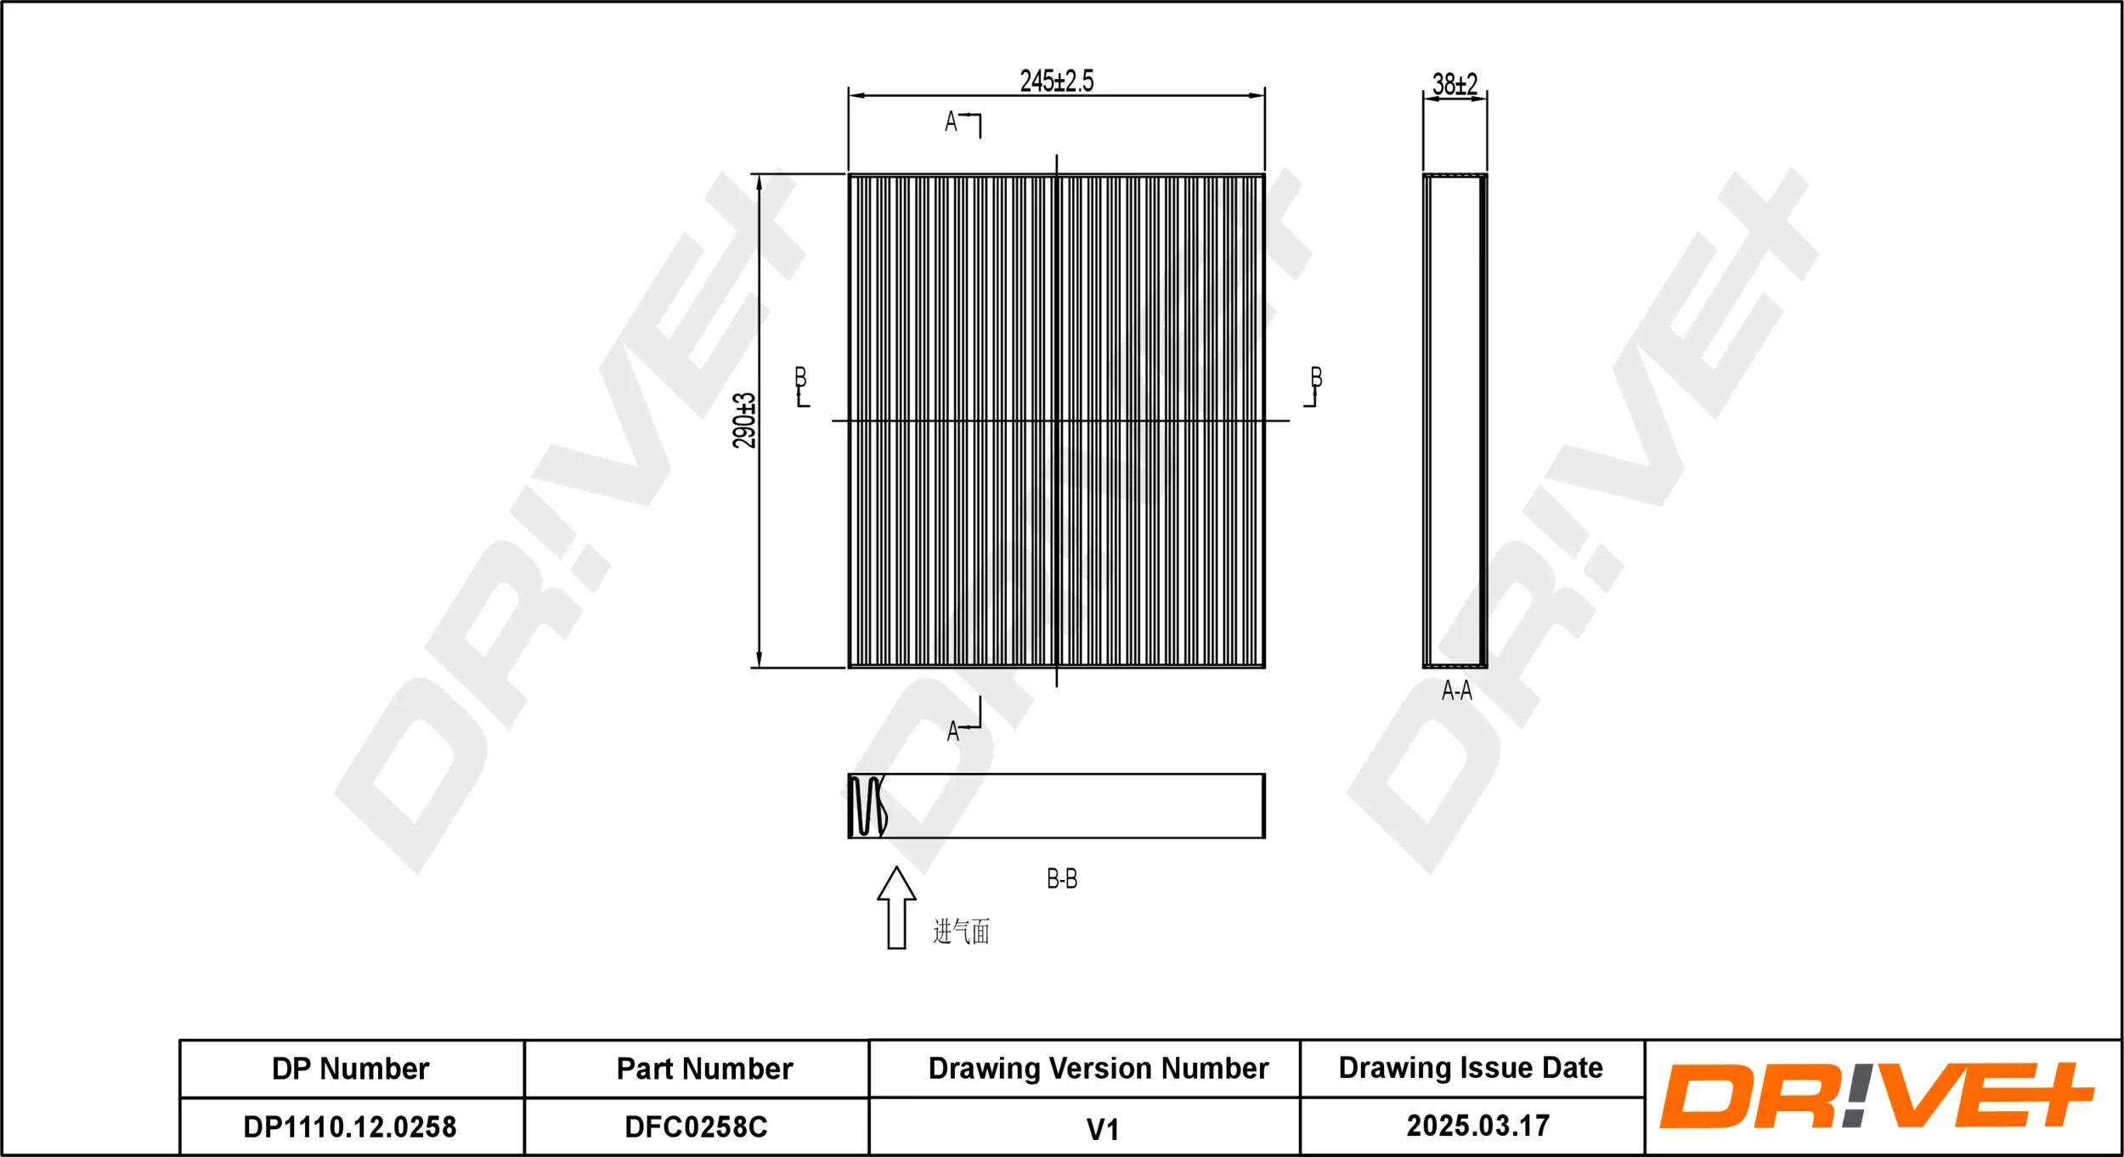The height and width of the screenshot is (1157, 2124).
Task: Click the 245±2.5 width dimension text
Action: tap(1056, 82)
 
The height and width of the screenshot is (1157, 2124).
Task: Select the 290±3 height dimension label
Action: tap(744, 420)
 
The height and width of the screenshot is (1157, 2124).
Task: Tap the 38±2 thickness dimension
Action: tap(1455, 84)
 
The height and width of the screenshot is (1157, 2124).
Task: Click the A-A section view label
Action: tap(1456, 691)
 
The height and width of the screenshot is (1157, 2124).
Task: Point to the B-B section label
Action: tap(1061, 879)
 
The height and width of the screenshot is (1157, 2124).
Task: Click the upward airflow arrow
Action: tap(896, 908)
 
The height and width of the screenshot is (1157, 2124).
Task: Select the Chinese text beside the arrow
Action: tap(961, 932)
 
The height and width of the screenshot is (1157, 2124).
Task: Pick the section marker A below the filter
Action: tap(953, 731)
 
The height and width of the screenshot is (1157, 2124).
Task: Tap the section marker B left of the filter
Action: tap(800, 379)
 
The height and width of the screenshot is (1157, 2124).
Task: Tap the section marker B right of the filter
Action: tap(1316, 379)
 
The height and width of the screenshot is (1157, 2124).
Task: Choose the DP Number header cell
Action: tap(350, 1069)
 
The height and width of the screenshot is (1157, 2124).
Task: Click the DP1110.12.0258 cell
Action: tap(350, 1127)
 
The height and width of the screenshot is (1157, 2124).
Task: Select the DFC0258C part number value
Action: tap(696, 1127)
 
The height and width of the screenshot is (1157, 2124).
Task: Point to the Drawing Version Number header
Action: tap(1098, 1069)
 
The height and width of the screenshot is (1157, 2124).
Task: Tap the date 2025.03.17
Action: tap(1477, 1126)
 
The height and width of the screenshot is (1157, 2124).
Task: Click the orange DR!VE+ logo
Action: tap(1875, 1097)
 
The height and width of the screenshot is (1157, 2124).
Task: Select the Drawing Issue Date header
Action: tap(1470, 1068)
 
